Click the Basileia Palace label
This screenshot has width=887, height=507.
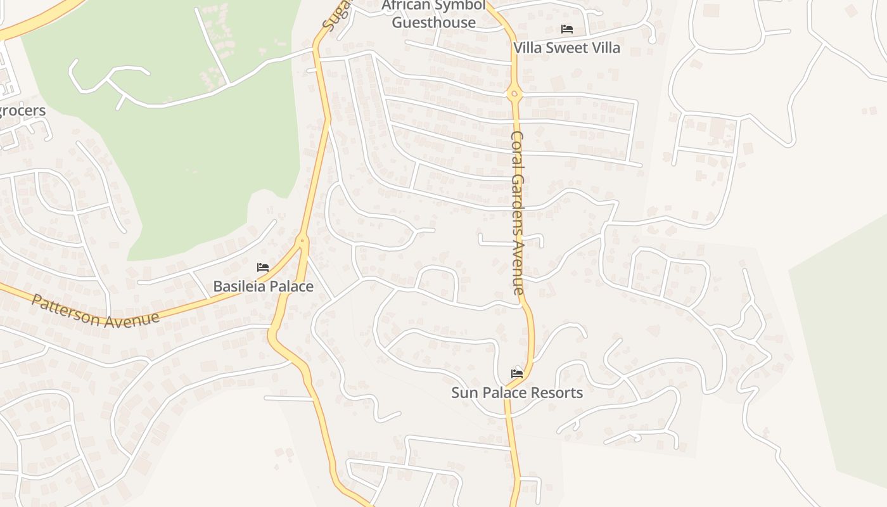[263, 286]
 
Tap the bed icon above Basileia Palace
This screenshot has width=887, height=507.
[263, 268]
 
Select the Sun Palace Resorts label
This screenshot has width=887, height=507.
[517, 393]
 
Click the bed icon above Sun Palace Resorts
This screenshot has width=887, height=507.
[517, 374]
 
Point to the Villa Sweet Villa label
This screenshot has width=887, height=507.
[566, 48]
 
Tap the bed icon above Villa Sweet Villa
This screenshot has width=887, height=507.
[566, 29]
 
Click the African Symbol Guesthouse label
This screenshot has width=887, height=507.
[433, 15]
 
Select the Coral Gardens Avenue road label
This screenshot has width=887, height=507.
[518, 213]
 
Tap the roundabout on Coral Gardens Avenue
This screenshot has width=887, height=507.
[514, 94]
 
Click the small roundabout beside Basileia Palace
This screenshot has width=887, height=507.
[302, 241]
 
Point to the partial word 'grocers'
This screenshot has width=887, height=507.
[22, 112]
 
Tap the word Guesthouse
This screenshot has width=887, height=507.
[433, 23]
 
